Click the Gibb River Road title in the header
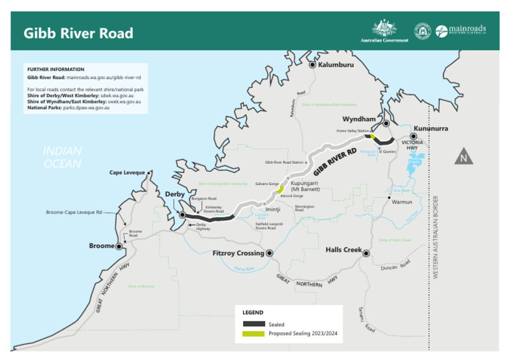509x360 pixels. click(78, 33)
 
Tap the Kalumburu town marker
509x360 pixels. click(312, 64)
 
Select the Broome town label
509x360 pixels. click(101, 246)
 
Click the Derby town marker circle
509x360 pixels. click(182, 215)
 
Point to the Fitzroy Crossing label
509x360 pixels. click(239, 253)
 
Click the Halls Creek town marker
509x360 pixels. click(365, 253)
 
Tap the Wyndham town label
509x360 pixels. click(359, 119)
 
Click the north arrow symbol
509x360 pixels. click(464, 158)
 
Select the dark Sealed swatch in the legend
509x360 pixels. click(253, 324)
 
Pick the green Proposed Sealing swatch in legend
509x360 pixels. click(253, 333)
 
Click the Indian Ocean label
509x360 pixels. click(62, 158)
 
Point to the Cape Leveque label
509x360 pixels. click(127, 173)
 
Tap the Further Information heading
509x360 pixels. click(56, 69)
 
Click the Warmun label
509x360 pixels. click(402, 202)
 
